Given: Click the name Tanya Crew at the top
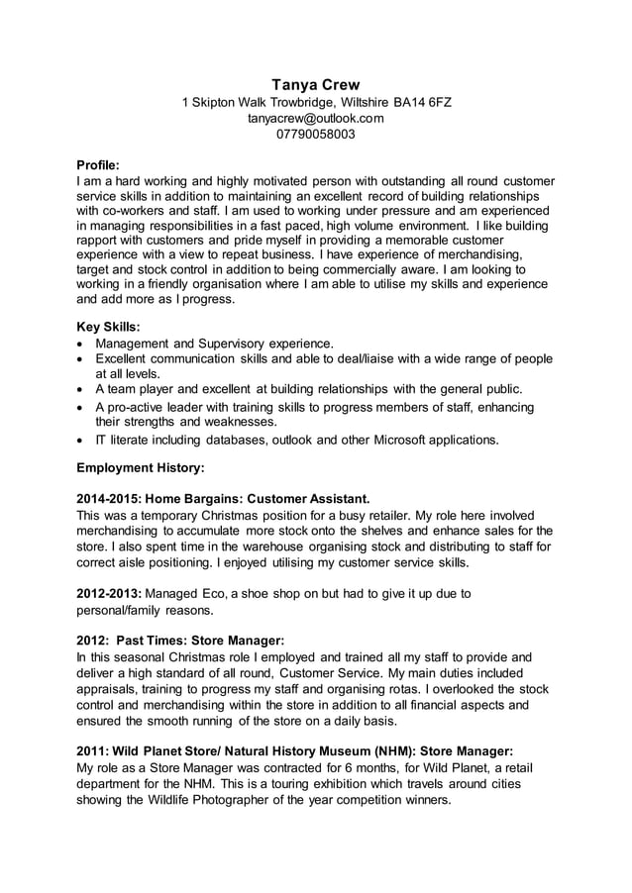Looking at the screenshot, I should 316,84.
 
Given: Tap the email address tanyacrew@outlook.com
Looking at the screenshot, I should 315,118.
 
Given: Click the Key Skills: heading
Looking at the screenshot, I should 108,326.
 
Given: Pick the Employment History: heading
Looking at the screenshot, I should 141,464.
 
